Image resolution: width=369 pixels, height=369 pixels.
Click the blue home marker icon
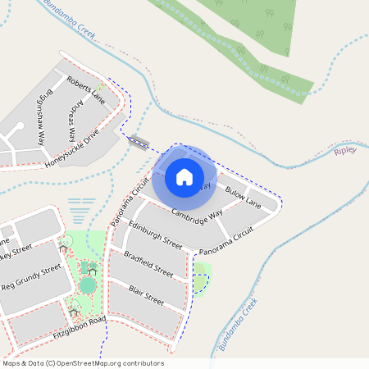[184, 176]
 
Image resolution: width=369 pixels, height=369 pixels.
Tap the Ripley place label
[345, 152]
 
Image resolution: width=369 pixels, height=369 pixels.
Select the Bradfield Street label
[148, 264]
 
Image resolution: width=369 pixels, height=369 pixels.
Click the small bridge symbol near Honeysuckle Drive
[139, 143]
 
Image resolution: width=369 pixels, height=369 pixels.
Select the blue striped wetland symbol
[80, 211]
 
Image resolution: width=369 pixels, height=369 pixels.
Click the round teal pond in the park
[88, 285]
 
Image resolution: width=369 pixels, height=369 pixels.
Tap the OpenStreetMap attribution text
[83, 363]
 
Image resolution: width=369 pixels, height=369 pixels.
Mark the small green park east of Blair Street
[201, 278]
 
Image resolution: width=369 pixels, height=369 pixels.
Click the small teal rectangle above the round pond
[84, 267]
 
